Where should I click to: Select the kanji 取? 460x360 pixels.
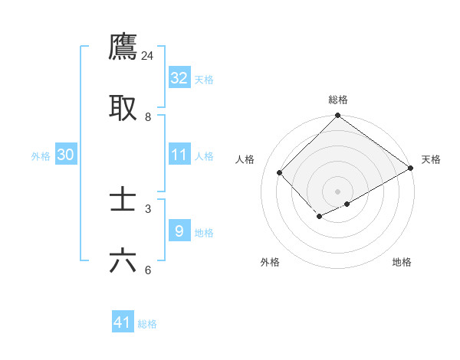(x=123, y=108)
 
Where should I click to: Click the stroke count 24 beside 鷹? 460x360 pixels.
(x=148, y=56)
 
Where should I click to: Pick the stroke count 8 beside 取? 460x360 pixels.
(x=148, y=117)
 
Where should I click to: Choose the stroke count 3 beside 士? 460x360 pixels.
(x=148, y=208)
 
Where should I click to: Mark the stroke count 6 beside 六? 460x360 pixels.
(x=148, y=270)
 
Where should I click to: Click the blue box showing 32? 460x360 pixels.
(x=179, y=78)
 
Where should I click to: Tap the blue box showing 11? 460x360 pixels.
(x=179, y=155)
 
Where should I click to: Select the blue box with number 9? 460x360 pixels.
(x=179, y=231)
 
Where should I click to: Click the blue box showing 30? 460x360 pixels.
(x=66, y=155)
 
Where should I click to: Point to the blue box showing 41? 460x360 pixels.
(x=123, y=322)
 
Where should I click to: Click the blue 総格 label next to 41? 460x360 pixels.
(x=147, y=324)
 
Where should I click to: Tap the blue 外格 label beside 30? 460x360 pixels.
(x=41, y=156)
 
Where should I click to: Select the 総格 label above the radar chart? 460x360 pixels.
(x=338, y=100)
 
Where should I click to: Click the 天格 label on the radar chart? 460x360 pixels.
(x=431, y=159)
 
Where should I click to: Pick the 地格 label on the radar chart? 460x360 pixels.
(x=402, y=262)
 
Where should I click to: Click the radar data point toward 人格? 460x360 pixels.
(x=280, y=172)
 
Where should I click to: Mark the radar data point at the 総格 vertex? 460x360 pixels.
(x=337, y=116)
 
